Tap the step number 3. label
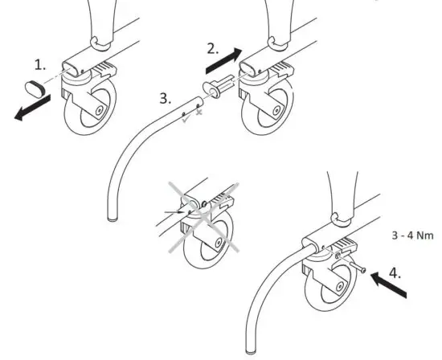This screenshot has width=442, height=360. (x=165, y=99)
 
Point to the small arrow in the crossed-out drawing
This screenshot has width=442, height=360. (x=179, y=211)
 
